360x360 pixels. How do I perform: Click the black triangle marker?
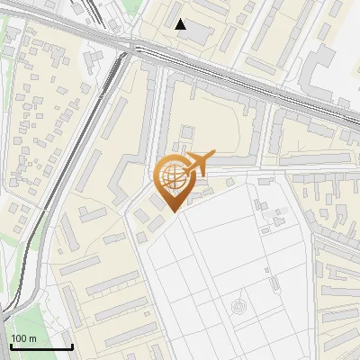point(181,24)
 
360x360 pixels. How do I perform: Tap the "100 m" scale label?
point(23,338)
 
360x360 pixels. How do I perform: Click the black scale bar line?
point(40,346)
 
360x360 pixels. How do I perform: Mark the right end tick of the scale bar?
point(72,344)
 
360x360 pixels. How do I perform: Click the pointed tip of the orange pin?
point(172,211)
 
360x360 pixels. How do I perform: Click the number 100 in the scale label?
point(19,338)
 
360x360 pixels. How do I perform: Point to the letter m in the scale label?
point(32,339)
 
